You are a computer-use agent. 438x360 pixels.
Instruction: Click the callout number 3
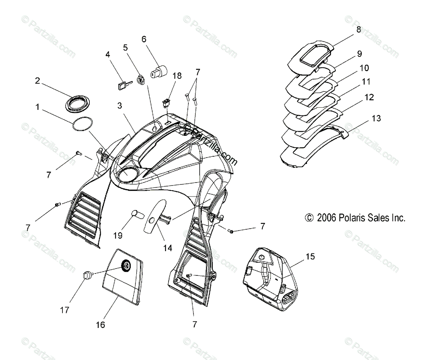point(119,106)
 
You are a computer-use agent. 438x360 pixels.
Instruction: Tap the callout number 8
point(358,30)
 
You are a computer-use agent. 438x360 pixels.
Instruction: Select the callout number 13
point(376,118)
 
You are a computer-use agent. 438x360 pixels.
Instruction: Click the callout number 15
point(310,256)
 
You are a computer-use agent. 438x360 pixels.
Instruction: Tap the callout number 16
point(100,324)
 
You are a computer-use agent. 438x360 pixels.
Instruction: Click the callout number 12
point(369,97)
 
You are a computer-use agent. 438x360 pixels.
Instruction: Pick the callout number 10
point(364,68)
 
